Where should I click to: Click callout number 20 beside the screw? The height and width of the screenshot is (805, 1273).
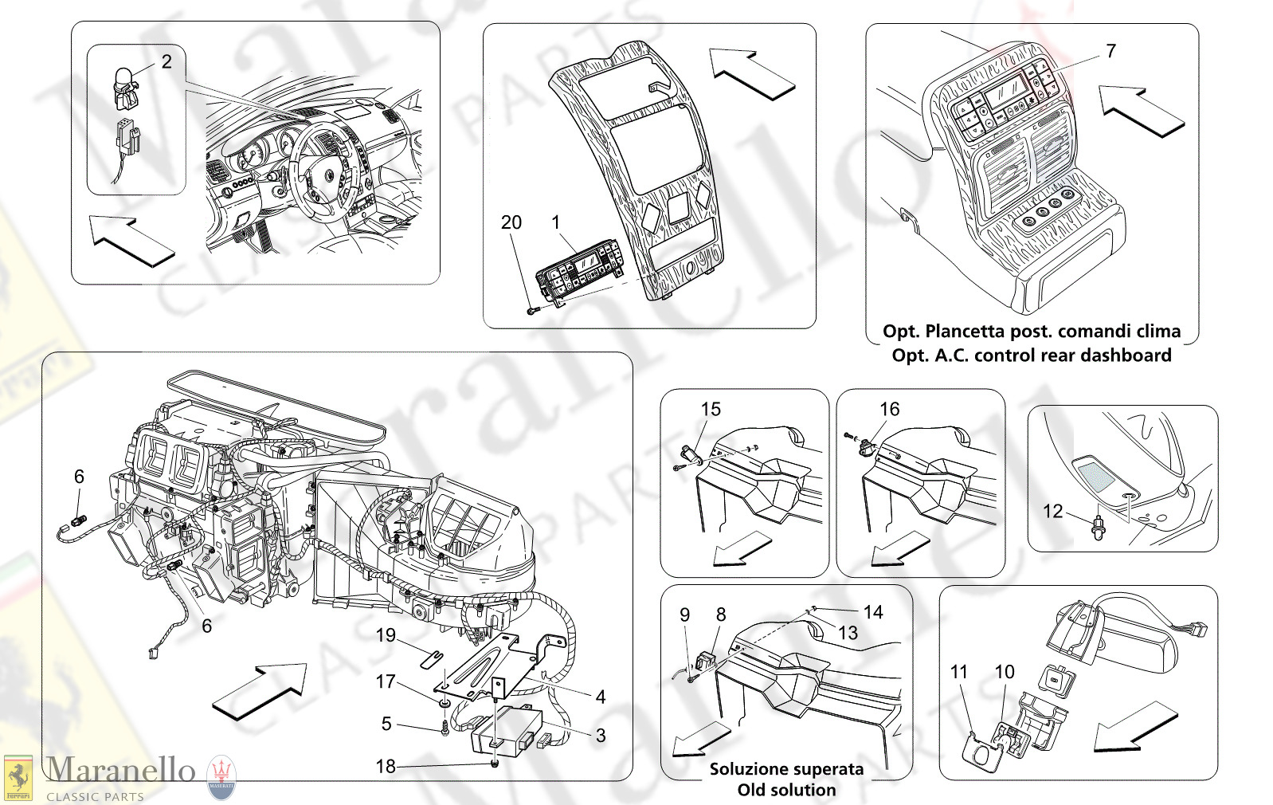point(511,222)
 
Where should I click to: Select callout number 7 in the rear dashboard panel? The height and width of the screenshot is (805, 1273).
point(1110,51)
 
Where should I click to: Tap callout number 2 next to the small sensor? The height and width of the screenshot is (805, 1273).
point(166,61)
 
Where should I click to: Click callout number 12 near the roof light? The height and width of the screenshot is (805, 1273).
point(1052,511)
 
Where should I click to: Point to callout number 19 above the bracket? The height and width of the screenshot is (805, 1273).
point(386,635)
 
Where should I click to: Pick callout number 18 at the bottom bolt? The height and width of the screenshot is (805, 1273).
point(385,766)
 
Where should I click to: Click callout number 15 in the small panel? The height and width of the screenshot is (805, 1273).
point(710,409)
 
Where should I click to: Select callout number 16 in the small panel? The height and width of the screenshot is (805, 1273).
point(889,409)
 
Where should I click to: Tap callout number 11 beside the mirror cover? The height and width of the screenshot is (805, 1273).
point(958,672)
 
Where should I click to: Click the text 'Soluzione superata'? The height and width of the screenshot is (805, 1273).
point(786,769)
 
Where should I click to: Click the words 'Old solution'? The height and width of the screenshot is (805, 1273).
point(786,790)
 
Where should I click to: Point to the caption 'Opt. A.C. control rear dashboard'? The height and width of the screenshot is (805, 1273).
point(1032,355)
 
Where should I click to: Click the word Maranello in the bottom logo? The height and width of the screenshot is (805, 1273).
point(119,770)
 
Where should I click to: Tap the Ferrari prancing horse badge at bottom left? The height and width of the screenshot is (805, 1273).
point(18,777)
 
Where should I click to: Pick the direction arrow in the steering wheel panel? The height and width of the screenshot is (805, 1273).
point(131,240)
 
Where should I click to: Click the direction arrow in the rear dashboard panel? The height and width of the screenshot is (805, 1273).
point(1141,111)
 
